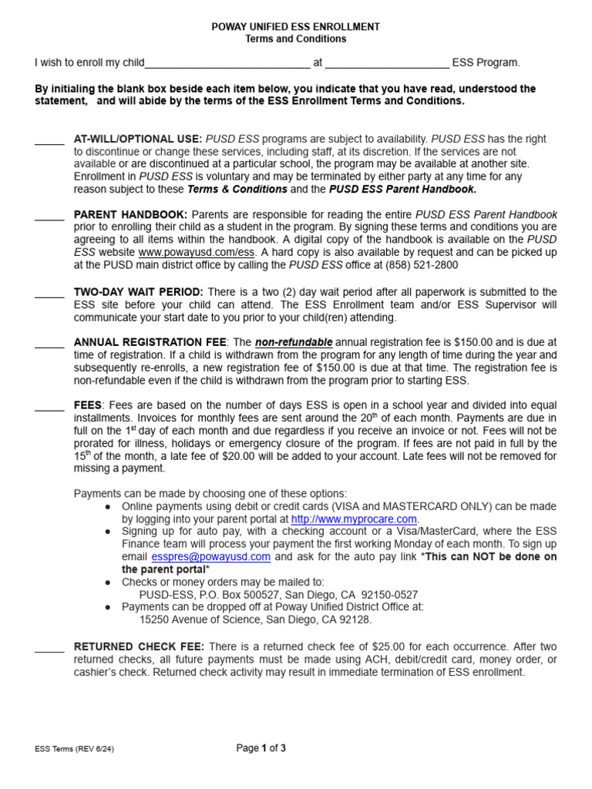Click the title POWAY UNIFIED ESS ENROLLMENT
(x=295, y=27)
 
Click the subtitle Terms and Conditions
(x=295, y=39)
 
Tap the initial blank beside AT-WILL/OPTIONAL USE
(x=49, y=140)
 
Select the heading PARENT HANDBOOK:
(x=129, y=214)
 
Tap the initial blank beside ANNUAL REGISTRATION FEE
(x=49, y=344)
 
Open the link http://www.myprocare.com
(x=354, y=519)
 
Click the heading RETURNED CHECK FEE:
(x=139, y=646)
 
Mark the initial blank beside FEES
(x=49, y=407)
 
